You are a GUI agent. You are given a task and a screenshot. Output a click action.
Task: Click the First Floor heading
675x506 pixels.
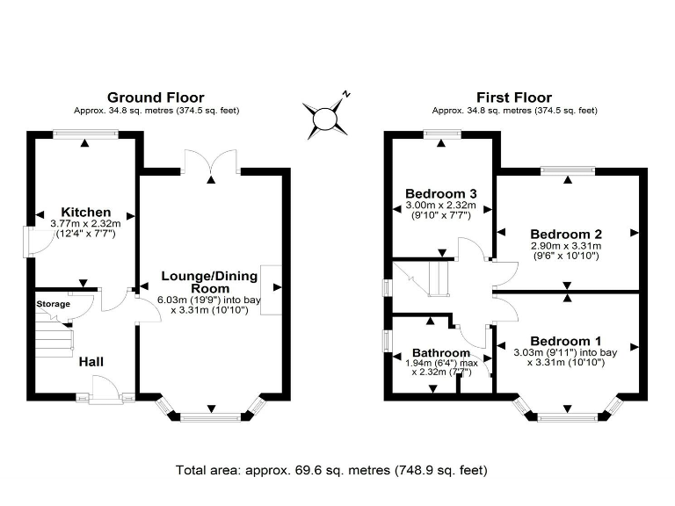(514, 98)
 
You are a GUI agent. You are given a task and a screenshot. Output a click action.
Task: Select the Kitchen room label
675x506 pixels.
(86, 212)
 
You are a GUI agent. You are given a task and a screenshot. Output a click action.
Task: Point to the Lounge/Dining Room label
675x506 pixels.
(210, 282)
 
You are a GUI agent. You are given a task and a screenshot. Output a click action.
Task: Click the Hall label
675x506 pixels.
(91, 361)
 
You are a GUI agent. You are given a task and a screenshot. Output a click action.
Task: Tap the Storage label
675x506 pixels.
(53, 304)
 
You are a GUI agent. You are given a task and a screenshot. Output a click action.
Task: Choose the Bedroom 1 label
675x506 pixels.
(565, 341)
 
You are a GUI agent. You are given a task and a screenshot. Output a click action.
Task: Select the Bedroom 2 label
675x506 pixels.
(565, 234)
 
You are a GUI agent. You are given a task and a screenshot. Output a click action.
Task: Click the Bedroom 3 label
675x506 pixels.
(440, 193)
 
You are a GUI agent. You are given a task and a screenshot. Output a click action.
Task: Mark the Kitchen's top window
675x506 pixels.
(85, 134)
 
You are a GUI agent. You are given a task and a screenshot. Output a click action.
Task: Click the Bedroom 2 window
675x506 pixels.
(567, 170)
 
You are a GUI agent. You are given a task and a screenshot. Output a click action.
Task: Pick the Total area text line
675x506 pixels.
(331, 469)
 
